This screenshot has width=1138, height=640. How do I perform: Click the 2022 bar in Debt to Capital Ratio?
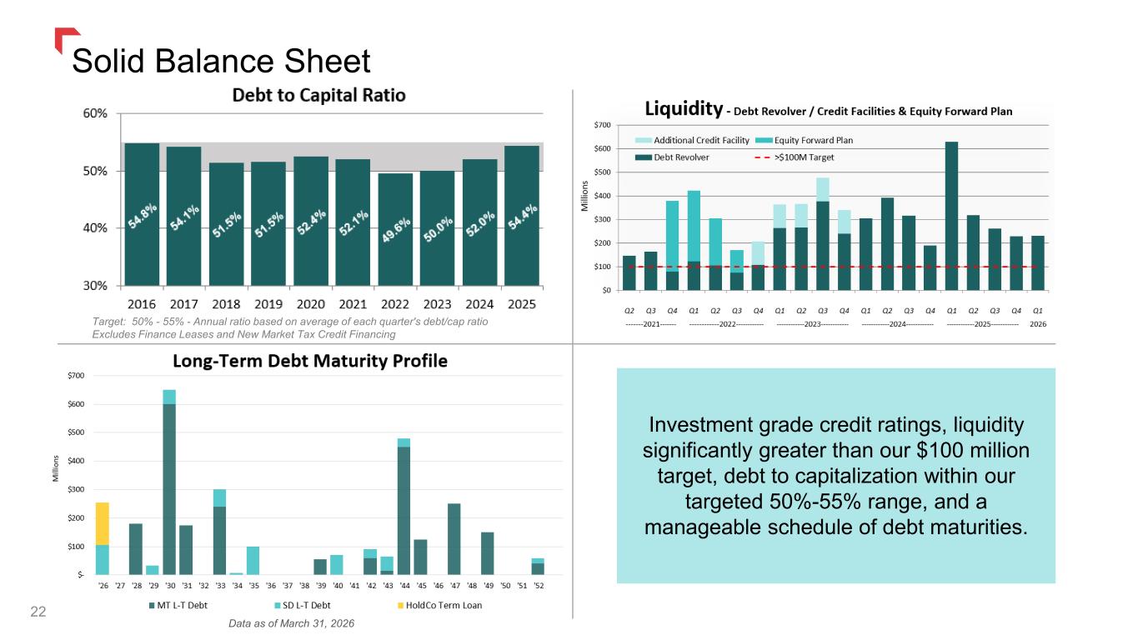coord(395,230)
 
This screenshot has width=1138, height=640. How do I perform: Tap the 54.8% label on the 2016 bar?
coord(143,216)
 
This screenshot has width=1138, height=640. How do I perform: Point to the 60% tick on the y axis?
coord(95,113)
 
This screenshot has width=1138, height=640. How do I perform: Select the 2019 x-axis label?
coord(268,304)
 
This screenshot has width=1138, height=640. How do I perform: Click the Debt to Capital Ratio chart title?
coord(319,95)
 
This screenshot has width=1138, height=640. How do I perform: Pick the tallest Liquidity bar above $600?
coord(951,217)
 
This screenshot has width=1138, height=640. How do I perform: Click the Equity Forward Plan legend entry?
coord(805,140)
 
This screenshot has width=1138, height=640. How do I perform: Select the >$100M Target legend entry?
coord(795,157)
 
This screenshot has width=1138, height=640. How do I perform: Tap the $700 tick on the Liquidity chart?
coord(603,125)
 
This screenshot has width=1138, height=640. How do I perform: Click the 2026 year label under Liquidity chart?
coord(1038,324)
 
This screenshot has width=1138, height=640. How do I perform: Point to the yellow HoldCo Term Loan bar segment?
coord(102,523)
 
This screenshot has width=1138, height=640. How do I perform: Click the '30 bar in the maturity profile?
coord(169,482)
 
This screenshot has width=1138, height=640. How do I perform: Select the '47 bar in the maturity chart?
coord(454,539)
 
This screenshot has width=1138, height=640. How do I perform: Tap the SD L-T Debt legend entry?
coord(303,606)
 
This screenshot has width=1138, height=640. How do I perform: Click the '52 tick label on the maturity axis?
coord(539,586)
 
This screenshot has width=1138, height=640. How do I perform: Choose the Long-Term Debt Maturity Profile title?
coord(310,361)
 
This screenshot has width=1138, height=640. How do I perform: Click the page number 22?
coord(38,612)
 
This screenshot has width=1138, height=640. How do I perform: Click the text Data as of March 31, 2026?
coord(291,623)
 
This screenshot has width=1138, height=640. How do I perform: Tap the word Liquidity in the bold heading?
coord(684,108)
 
